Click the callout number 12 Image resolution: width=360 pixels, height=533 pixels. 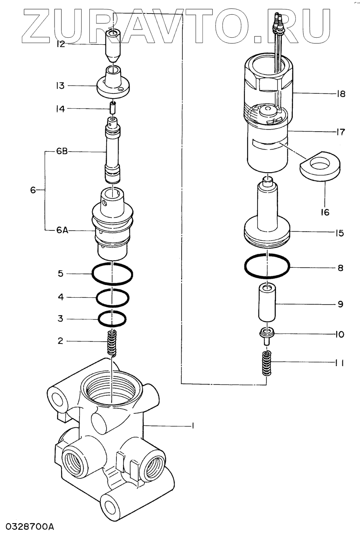point(61,44)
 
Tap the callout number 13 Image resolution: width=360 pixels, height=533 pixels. point(60,86)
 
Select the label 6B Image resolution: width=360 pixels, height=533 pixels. point(62,151)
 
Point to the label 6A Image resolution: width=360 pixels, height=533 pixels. point(62,230)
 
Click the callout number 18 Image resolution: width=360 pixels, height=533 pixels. point(341,94)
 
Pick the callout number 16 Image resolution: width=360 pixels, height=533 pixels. point(325,212)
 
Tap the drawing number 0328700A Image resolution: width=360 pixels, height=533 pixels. point(27,526)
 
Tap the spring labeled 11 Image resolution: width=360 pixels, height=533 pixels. point(267,363)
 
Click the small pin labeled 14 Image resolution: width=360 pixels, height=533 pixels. point(112,107)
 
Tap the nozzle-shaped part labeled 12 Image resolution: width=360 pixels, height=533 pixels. point(113,46)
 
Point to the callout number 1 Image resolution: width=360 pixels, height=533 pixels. point(193,426)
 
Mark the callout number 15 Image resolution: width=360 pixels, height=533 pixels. point(340,233)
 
